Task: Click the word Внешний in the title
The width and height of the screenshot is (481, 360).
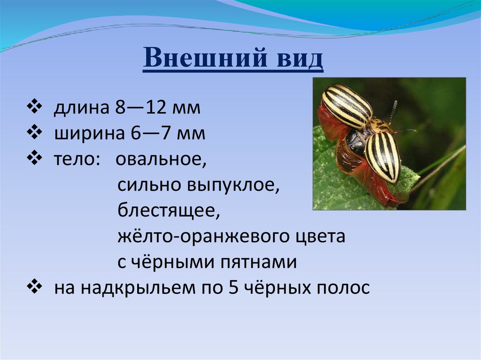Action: (x=205, y=58)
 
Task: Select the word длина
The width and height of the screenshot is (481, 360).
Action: (x=82, y=107)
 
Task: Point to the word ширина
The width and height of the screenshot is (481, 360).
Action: (x=89, y=134)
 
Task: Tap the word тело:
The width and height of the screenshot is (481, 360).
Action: (x=78, y=159)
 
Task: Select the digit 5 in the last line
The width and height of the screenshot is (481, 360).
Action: (x=234, y=287)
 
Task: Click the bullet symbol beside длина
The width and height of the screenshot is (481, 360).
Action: (x=34, y=107)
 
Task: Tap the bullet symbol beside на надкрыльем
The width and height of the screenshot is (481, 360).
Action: (x=34, y=287)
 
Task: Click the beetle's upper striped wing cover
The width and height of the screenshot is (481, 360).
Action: (x=347, y=106)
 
